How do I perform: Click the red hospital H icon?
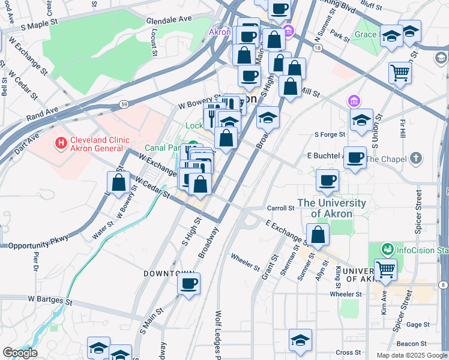[60, 143]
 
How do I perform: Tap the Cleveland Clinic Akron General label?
[99, 144]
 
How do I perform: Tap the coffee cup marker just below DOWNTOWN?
[189, 284]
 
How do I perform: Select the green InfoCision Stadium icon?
[388, 248]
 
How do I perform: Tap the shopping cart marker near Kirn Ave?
[385, 270]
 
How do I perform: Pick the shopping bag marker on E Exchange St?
[318, 235]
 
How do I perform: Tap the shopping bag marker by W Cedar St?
[119, 183]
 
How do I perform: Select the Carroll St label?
[280, 208]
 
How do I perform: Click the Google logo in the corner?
[19, 353]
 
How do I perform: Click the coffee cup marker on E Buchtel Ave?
[355, 158]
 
